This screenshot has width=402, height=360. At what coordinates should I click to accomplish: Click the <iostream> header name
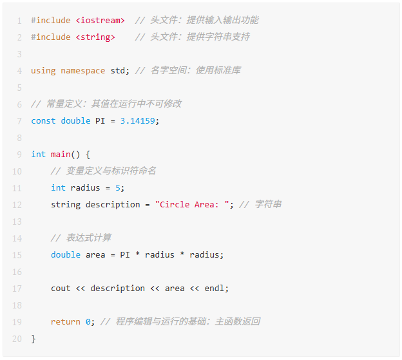100,20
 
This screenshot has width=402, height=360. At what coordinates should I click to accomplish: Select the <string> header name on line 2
95,37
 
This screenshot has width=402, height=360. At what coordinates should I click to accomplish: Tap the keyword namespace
83,70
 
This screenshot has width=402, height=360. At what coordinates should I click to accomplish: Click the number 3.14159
138,120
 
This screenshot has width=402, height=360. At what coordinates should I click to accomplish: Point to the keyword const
43,120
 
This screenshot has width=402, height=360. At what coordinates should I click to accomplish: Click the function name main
61,155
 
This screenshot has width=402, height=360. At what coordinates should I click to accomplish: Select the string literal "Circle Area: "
192,204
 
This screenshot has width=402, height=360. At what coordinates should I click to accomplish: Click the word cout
61,289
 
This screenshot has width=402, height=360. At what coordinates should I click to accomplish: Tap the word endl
214,288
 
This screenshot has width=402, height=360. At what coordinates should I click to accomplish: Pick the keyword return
65,321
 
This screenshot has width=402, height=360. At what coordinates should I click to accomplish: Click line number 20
17,339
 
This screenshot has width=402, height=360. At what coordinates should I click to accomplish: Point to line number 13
17,222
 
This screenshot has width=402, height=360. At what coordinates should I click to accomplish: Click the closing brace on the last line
33,339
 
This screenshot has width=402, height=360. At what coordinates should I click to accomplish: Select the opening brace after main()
88,155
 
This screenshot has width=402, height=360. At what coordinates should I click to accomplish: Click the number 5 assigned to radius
118,188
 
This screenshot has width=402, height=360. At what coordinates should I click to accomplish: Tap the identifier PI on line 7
100,120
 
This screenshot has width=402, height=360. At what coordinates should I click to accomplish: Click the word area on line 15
95,255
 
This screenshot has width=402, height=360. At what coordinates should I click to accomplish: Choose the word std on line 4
118,70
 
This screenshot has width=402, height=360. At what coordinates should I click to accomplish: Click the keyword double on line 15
66,254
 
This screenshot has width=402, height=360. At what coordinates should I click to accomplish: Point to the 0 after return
88,321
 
